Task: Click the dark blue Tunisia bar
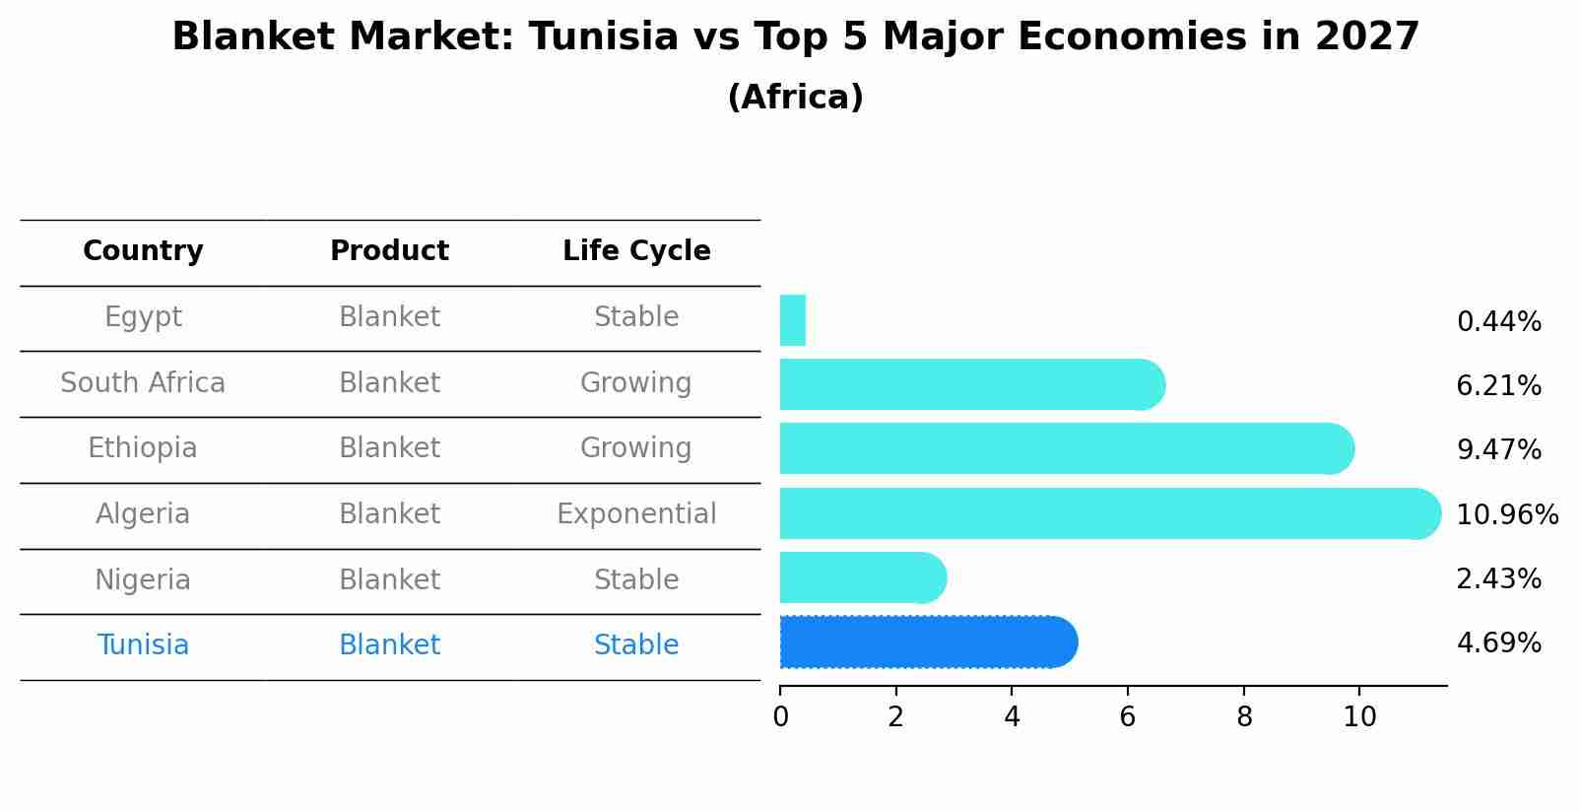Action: tap(926, 642)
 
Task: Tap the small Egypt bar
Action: tap(793, 320)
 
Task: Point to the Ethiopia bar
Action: tap(1064, 448)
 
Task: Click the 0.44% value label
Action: tap(1498, 322)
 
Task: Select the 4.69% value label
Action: tap(1498, 643)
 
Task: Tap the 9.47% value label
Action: tap(1498, 450)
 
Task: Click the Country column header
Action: tap(143, 251)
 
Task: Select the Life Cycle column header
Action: tap(636, 251)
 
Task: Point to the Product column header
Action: tap(389, 251)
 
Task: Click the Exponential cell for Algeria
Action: tap(636, 514)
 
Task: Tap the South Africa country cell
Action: tap(143, 383)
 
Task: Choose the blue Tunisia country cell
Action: tap(143, 645)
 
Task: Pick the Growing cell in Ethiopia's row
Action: tap(636, 448)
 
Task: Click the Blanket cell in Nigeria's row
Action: tap(389, 580)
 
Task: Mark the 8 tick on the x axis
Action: tap(1244, 716)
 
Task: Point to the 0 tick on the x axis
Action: tap(780, 716)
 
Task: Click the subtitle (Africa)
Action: tap(795, 98)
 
